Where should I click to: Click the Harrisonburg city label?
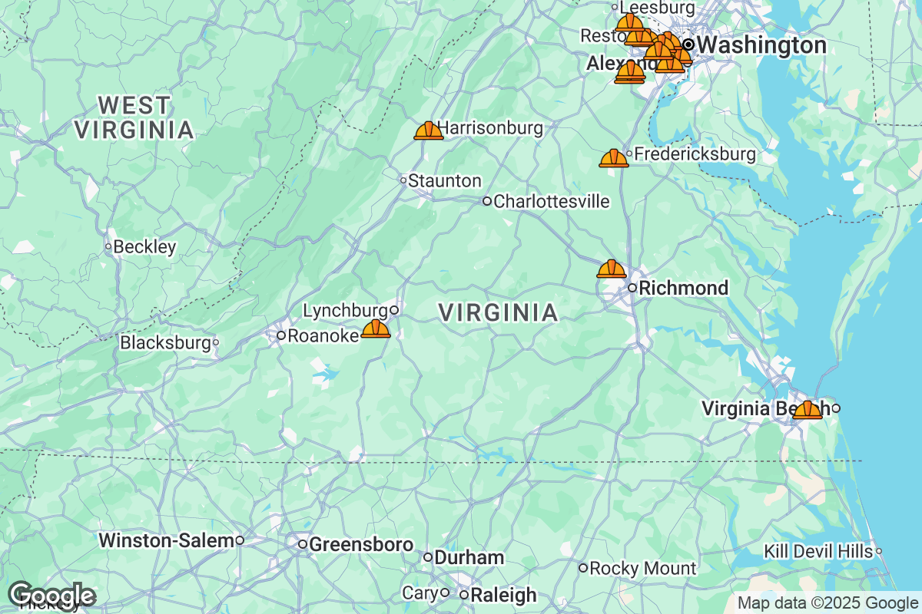[489, 128]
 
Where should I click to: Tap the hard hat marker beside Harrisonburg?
[428, 131]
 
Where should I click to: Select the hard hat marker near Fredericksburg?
[613, 159]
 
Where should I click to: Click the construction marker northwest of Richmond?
[611, 269]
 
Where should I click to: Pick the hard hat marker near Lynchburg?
[376, 330]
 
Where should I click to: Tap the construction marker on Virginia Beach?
[808, 411]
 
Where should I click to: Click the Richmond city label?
[683, 289]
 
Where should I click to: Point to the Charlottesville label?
[551, 202]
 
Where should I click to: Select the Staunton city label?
[444, 181]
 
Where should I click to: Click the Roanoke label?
[323, 335]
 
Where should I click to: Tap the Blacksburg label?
[165, 342]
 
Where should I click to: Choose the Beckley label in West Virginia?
[144, 247]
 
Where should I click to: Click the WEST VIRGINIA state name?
[134, 117]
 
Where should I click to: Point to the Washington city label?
[761, 45]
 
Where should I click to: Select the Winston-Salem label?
[165, 540]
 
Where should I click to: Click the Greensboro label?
[360, 544]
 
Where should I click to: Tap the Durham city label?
[469, 558]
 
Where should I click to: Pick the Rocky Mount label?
[642, 569]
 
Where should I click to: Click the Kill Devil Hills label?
[818, 551]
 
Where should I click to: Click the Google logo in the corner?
[51, 595]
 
